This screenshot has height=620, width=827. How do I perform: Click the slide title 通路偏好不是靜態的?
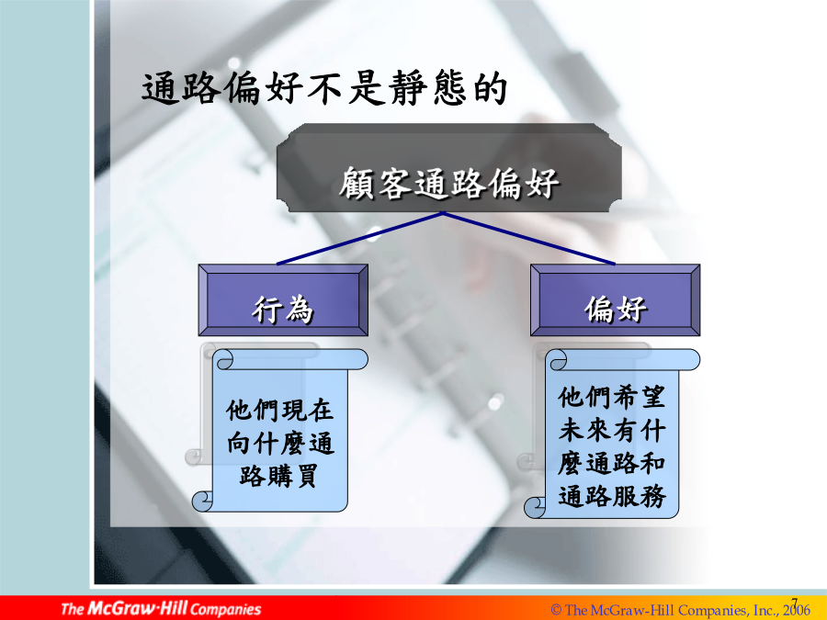325,87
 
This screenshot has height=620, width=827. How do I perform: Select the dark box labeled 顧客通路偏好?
448,168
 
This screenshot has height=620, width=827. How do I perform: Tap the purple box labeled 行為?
283,300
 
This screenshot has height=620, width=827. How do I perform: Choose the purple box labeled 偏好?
615,300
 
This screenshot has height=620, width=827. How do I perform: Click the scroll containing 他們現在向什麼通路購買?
279,430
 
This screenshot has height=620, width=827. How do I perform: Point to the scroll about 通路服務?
612,434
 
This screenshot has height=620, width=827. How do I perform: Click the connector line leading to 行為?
359,238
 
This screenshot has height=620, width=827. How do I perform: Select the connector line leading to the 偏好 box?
529,238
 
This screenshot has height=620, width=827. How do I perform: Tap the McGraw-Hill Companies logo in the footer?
161,608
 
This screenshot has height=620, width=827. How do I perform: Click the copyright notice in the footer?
680,610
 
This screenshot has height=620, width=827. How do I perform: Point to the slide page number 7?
794,602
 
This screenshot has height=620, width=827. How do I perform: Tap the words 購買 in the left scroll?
292,476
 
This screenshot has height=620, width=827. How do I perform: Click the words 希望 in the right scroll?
639,397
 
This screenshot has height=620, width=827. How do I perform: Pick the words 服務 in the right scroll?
640,496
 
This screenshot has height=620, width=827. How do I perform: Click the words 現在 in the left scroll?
308,410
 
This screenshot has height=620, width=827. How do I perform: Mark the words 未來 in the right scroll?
584,430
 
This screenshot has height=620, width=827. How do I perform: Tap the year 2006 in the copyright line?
797,610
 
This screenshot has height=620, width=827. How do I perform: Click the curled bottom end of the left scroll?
202,501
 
